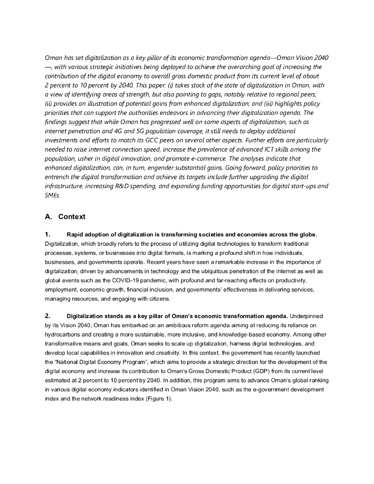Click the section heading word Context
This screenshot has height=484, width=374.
tap(72, 217)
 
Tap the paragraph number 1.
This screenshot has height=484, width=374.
tap(47, 235)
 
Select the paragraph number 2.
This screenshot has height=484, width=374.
tap(47, 316)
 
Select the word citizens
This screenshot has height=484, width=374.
tap(156, 299)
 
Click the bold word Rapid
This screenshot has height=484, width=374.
tap(77, 235)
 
